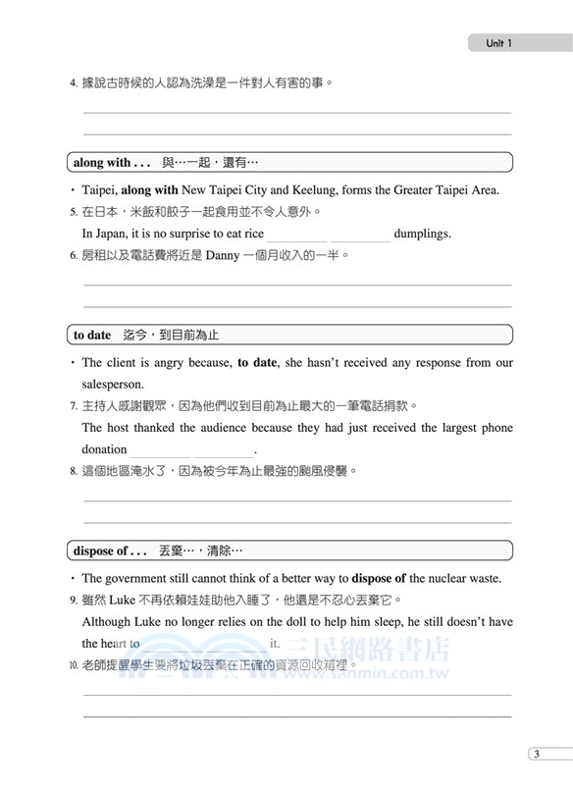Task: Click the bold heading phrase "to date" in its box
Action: point(93,336)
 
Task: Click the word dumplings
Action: point(422,234)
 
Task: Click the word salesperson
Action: point(113,384)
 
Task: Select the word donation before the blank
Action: point(105,449)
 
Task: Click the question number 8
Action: point(74,471)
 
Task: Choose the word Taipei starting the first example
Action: point(99,190)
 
